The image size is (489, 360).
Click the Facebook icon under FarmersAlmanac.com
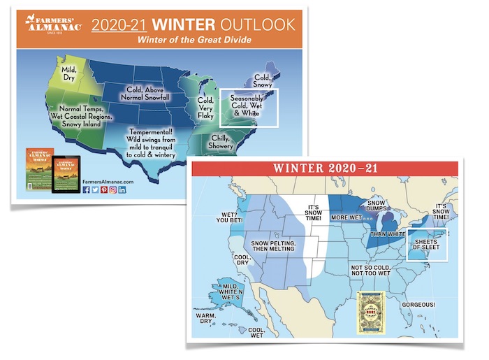click(x=87, y=190)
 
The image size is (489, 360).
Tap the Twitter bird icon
click(x=96, y=190)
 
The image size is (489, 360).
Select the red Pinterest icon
click(x=105, y=190)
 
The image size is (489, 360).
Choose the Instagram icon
click(x=114, y=190)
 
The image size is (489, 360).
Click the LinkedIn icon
click(x=123, y=190)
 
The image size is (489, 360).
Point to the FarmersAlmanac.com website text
click(x=108, y=180)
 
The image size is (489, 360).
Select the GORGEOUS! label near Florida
click(x=418, y=305)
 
